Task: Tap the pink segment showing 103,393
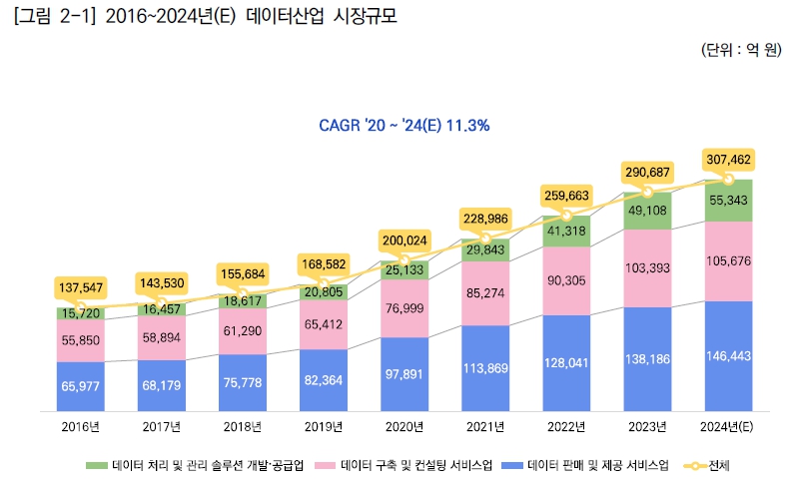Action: [x=647, y=268]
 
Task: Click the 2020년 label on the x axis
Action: [x=404, y=427]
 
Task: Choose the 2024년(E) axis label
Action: [x=728, y=427]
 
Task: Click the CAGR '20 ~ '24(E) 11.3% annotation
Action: [x=403, y=126]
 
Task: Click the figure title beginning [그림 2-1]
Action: [x=201, y=17]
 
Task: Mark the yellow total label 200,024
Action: [x=404, y=241]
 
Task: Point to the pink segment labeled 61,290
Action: [x=243, y=330]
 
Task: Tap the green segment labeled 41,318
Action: [x=566, y=231]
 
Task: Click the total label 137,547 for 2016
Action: [x=81, y=287]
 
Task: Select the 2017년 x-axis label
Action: [x=162, y=427]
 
